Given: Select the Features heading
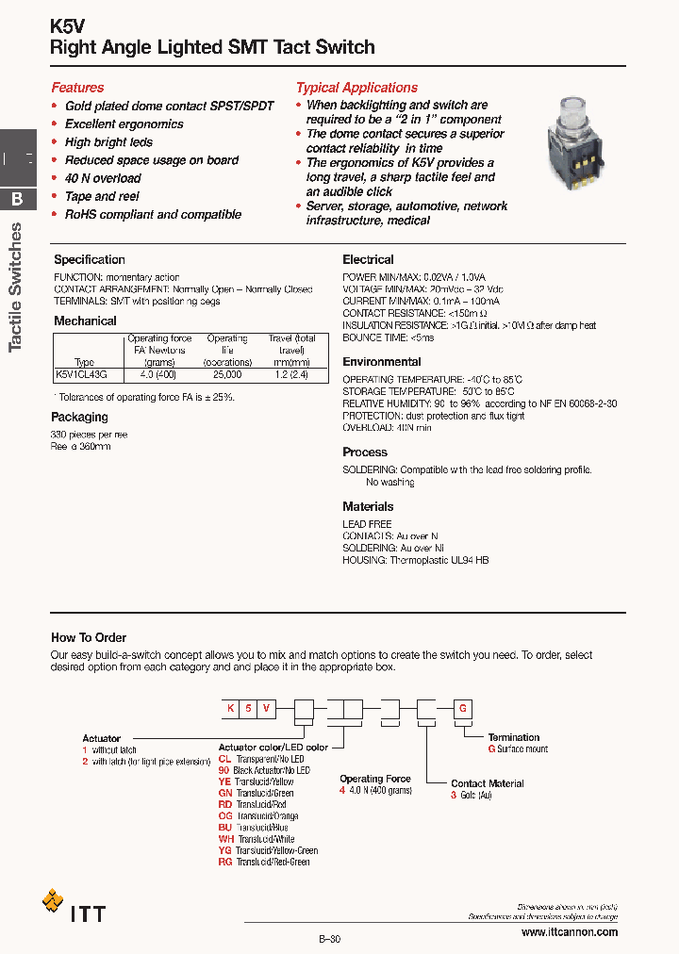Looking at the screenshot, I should click(x=77, y=88).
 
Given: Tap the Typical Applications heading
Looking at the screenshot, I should click(x=356, y=88).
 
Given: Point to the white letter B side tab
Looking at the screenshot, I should click(x=17, y=200).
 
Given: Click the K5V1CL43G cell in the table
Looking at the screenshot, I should click(x=83, y=374).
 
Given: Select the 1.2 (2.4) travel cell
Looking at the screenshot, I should click(x=292, y=374).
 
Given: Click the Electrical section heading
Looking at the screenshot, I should click(x=368, y=259).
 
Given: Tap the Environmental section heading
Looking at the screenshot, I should click(x=381, y=362).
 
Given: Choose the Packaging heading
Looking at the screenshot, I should click(x=80, y=417).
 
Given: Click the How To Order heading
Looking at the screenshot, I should click(x=89, y=638).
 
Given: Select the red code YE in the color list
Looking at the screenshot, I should click(x=224, y=781).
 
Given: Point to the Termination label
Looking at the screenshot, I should click(x=514, y=737).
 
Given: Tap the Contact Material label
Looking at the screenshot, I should click(x=487, y=783).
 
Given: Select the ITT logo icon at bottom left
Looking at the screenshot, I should click(x=53, y=901).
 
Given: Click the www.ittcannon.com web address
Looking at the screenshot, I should click(x=570, y=931).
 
